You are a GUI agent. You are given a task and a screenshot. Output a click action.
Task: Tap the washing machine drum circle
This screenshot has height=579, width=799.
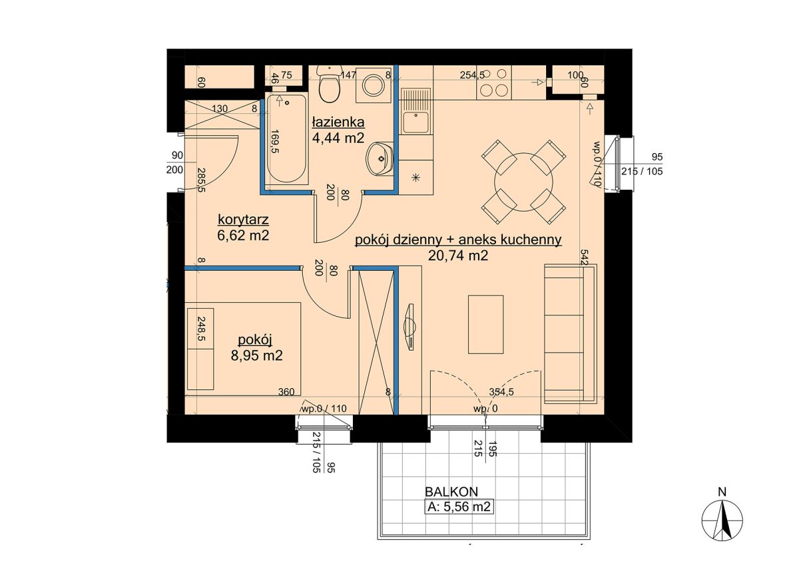click(x=373, y=85)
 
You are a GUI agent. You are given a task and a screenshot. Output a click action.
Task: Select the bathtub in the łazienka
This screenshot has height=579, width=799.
click(x=286, y=138)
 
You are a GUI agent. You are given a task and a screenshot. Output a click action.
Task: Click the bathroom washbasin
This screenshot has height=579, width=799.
click(x=380, y=159)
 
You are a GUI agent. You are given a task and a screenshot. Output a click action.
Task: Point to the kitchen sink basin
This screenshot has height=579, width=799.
click(x=415, y=122)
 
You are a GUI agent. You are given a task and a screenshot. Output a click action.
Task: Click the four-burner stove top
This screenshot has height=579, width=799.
click(x=494, y=83)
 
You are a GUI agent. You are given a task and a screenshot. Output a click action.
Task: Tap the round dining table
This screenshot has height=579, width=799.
click(x=523, y=182)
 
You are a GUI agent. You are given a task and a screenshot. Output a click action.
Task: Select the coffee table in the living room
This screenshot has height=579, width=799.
click(x=485, y=325)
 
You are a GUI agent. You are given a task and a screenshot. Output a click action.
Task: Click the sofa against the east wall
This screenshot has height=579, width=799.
click(x=571, y=334)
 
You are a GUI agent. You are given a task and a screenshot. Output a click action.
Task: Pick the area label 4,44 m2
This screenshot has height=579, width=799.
click(x=338, y=138)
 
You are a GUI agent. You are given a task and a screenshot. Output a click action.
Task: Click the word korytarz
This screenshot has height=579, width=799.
click(x=243, y=220)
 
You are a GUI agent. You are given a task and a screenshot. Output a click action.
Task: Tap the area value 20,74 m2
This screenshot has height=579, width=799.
click(x=457, y=256)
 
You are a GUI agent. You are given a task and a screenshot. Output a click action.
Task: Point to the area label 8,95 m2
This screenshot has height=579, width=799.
click(x=256, y=355)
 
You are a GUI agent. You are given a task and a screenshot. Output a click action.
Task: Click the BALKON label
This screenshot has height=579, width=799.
click(x=451, y=492)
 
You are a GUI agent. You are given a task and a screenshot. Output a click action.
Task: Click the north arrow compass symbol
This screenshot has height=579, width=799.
click(x=722, y=520)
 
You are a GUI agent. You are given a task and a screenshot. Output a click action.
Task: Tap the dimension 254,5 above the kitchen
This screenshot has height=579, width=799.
click(x=472, y=75)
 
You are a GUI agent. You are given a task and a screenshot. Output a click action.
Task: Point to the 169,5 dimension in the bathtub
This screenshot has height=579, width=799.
click(x=274, y=141)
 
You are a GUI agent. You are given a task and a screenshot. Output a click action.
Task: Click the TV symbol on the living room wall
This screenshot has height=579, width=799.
click(x=410, y=327)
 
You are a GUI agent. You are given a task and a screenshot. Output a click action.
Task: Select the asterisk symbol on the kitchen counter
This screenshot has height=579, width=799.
click(x=415, y=177)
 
